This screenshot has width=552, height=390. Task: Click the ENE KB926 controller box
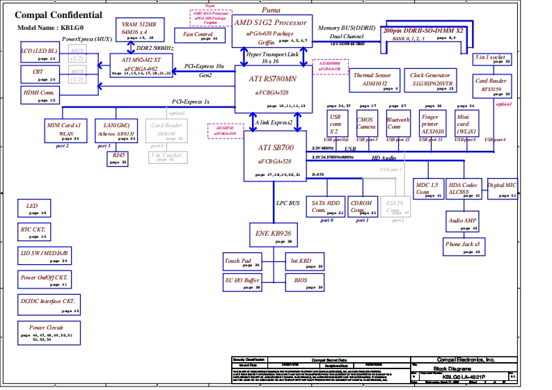[274, 234]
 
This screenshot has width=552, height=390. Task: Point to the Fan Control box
[198, 35]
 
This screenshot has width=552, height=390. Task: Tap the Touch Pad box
[241, 262]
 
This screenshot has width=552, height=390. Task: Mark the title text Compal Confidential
[58, 15]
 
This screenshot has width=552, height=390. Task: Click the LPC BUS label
[287, 203]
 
